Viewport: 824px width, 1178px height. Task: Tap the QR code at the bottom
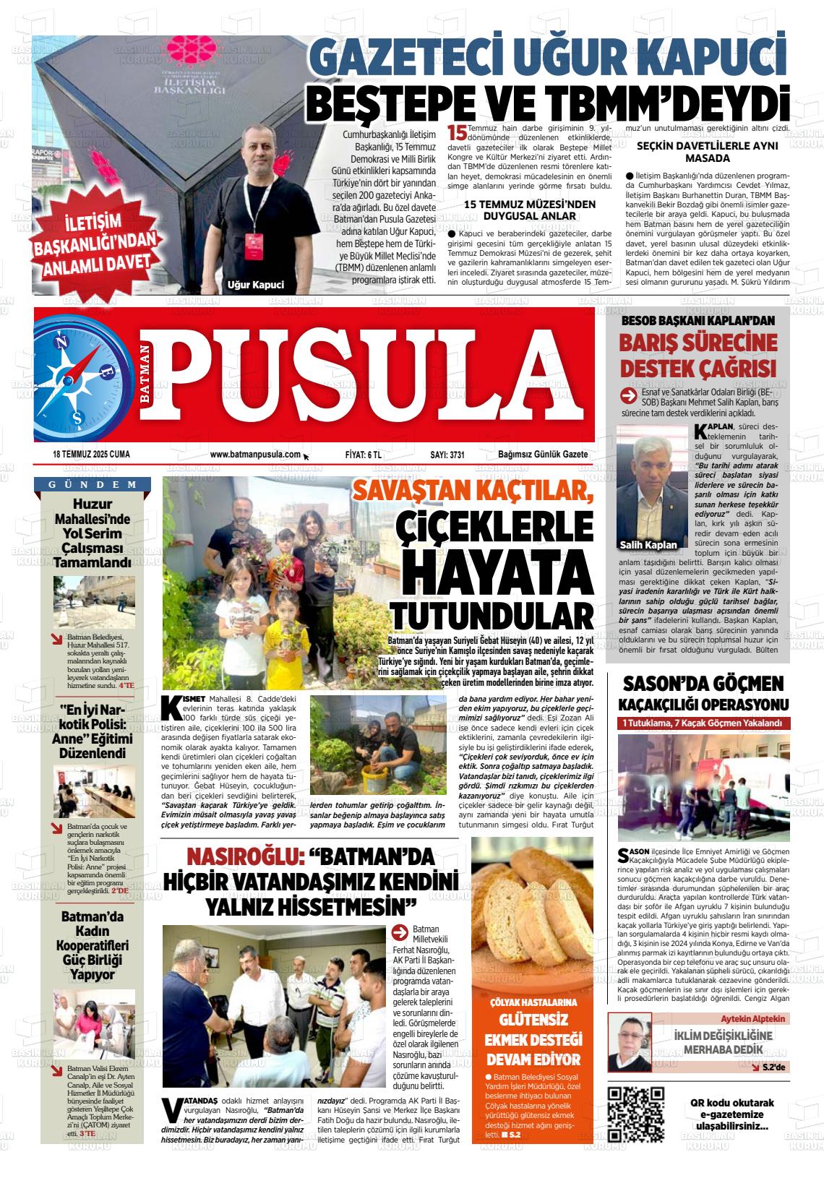click(x=636, y=1114)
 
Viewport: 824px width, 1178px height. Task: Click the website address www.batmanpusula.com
click(x=255, y=455)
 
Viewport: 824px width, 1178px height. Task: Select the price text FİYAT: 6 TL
click(x=363, y=455)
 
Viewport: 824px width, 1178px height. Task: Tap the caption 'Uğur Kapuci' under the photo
click(x=256, y=284)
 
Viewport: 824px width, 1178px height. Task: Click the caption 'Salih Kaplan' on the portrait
click(x=648, y=544)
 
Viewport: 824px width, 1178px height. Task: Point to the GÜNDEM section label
click(x=93, y=484)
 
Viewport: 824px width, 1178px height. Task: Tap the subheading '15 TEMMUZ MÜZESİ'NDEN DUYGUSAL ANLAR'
click(x=530, y=210)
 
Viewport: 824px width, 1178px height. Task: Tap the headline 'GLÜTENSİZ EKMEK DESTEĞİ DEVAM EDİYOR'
click(x=533, y=1039)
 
